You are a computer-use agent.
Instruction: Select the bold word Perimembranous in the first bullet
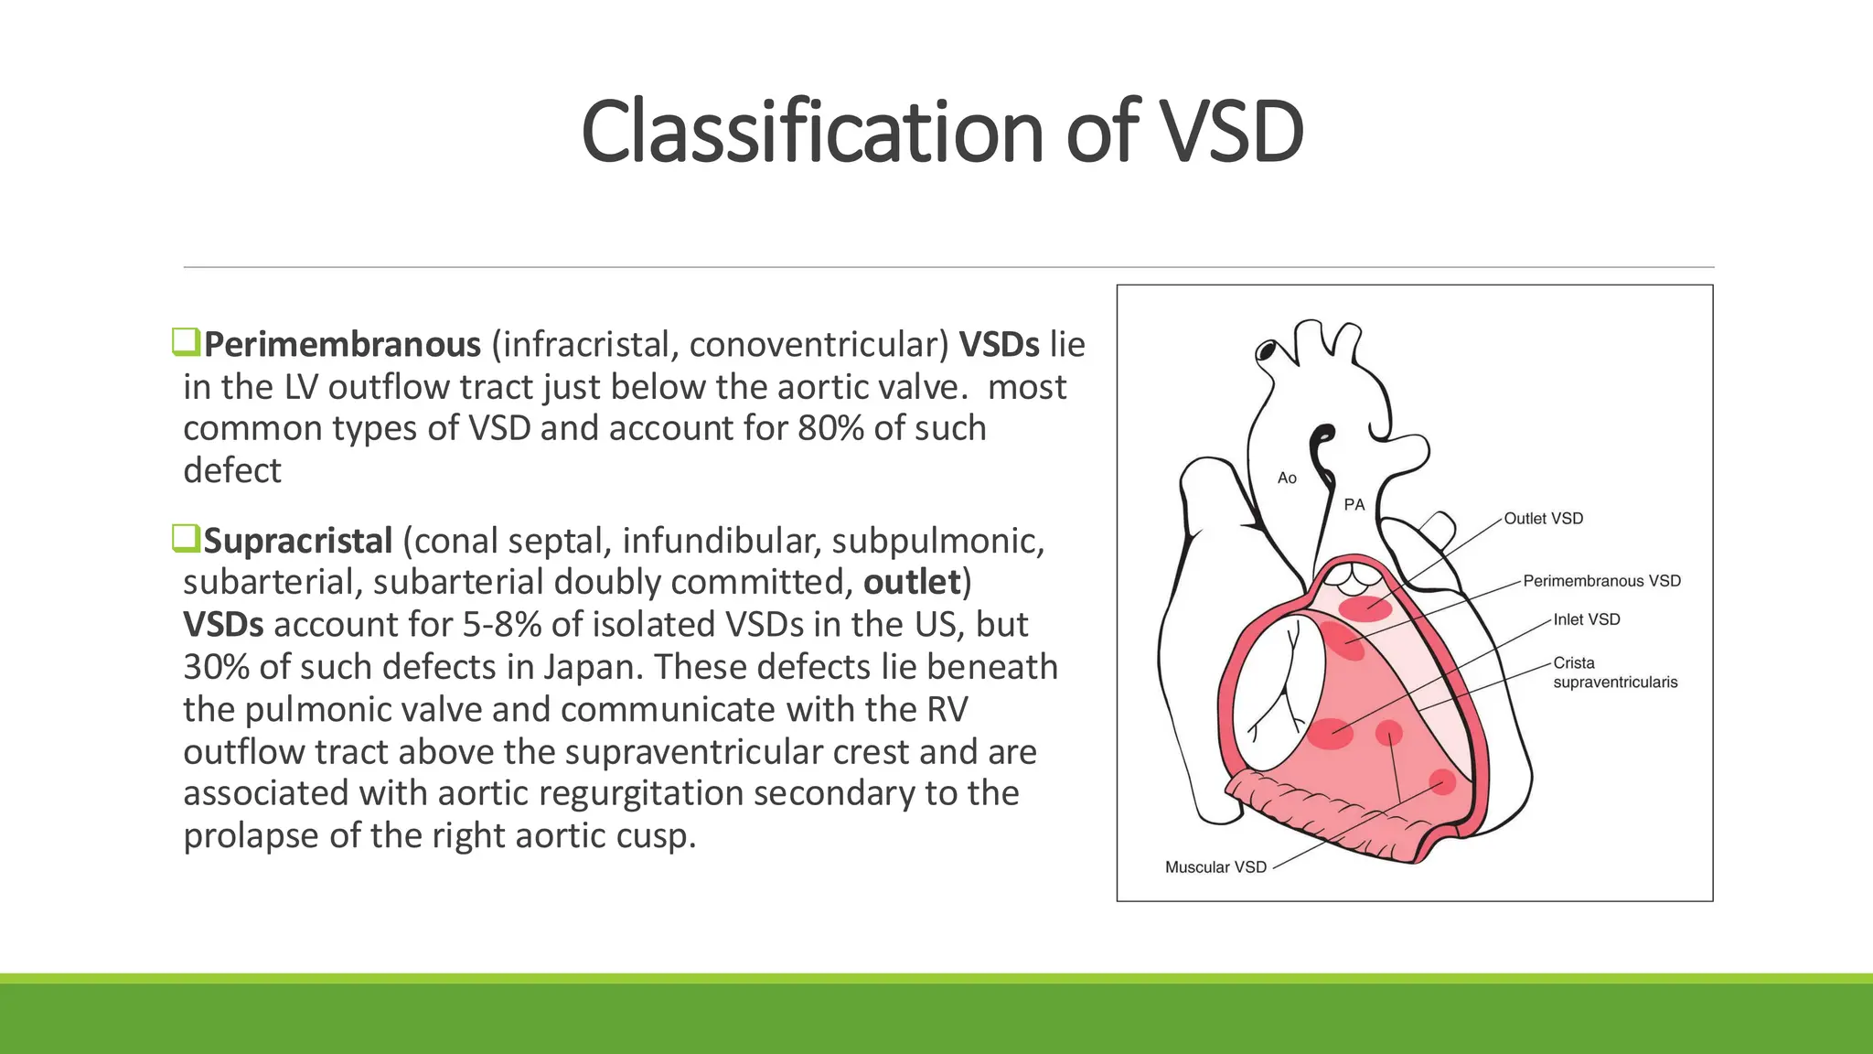342,345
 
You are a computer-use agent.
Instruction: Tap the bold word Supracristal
298,541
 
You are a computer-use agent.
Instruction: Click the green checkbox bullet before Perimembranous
186,342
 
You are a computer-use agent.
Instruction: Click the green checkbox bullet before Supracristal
186,538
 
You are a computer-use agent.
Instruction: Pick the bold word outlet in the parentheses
912,583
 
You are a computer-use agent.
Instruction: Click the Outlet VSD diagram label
1543,519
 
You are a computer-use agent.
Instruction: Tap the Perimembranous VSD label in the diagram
1601,581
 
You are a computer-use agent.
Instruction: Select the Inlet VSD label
1587,619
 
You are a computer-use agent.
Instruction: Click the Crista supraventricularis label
1614,672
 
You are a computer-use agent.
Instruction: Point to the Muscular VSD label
1215,866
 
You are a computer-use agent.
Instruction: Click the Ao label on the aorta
1287,478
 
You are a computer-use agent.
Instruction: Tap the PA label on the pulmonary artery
1354,504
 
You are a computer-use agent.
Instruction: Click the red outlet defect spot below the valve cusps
1365,608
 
